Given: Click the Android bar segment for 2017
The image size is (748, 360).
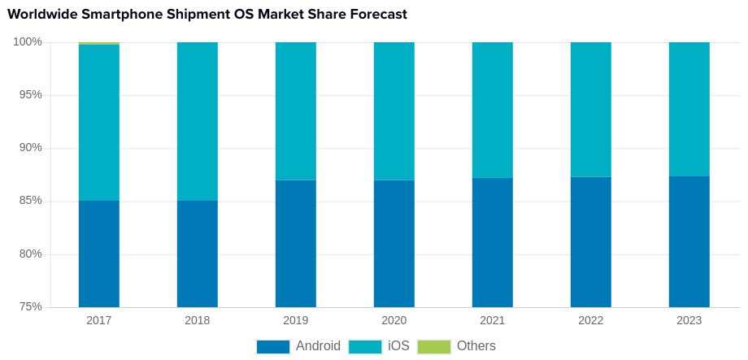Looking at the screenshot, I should (99, 254).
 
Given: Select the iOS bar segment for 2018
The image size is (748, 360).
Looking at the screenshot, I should (198, 121).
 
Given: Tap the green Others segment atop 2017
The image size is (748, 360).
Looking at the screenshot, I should (99, 43).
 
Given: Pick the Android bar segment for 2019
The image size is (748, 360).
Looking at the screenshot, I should (296, 244).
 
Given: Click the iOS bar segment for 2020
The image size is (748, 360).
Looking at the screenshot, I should (394, 111).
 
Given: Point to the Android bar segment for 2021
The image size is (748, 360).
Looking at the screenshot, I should (493, 242).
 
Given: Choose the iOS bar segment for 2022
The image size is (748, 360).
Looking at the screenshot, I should (591, 110).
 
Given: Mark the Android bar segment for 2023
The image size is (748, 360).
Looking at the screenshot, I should (689, 241).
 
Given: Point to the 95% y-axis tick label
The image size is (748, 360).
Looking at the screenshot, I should (30, 94).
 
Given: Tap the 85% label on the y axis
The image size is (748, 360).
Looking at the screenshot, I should (30, 201).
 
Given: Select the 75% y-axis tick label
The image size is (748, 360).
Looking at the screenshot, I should (30, 306).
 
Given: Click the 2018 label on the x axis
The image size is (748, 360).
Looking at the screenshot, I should (198, 320).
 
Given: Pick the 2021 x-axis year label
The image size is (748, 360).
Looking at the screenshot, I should (493, 320).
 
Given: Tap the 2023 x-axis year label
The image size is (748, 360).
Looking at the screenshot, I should (689, 320).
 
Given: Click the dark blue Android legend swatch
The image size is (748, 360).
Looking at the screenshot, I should (273, 346).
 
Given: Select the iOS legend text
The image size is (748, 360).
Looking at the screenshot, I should (398, 346).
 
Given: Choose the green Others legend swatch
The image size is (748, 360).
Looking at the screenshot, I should (434, 346).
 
